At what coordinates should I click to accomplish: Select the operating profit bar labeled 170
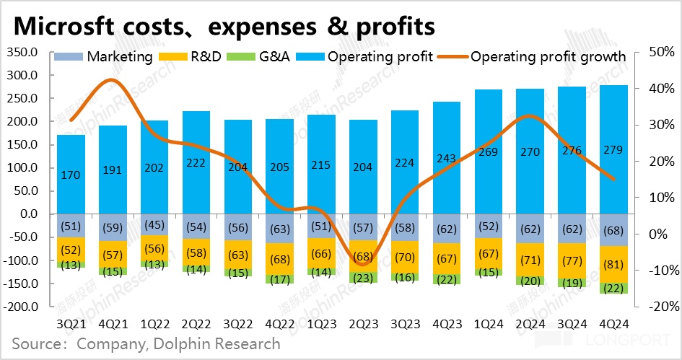(71, 174)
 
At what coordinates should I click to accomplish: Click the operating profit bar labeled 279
(613, 149)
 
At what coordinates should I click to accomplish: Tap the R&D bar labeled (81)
(613, 264)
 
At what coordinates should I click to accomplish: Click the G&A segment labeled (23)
(362, 277)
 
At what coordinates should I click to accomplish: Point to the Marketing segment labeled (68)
(613, 230)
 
